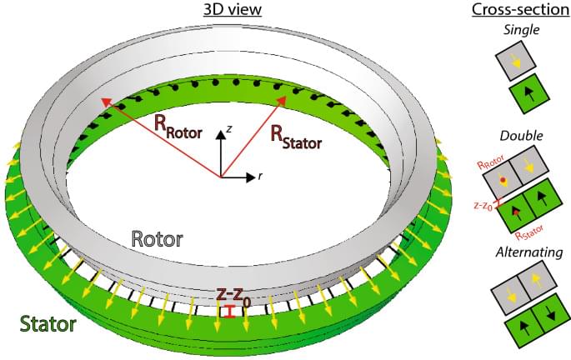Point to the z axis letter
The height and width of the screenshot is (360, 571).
227,130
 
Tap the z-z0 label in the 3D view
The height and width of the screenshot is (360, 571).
236,295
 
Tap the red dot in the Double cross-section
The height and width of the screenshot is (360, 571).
503,180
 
